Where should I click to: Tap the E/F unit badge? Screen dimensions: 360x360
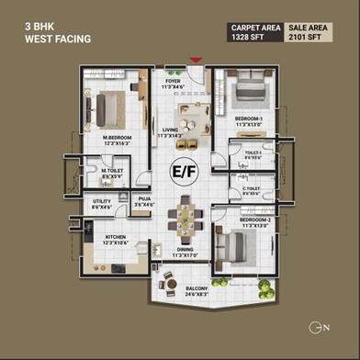(x=179, y=170)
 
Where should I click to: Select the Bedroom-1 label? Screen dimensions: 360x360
(x=249, y=121)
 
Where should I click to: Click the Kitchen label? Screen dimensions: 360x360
(x=116, y=240)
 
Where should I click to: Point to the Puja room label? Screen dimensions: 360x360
(x=144, y=201)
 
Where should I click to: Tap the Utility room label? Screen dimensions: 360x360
(x=101, y=204)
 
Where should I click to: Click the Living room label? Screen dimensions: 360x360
(x=171, y=133)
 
